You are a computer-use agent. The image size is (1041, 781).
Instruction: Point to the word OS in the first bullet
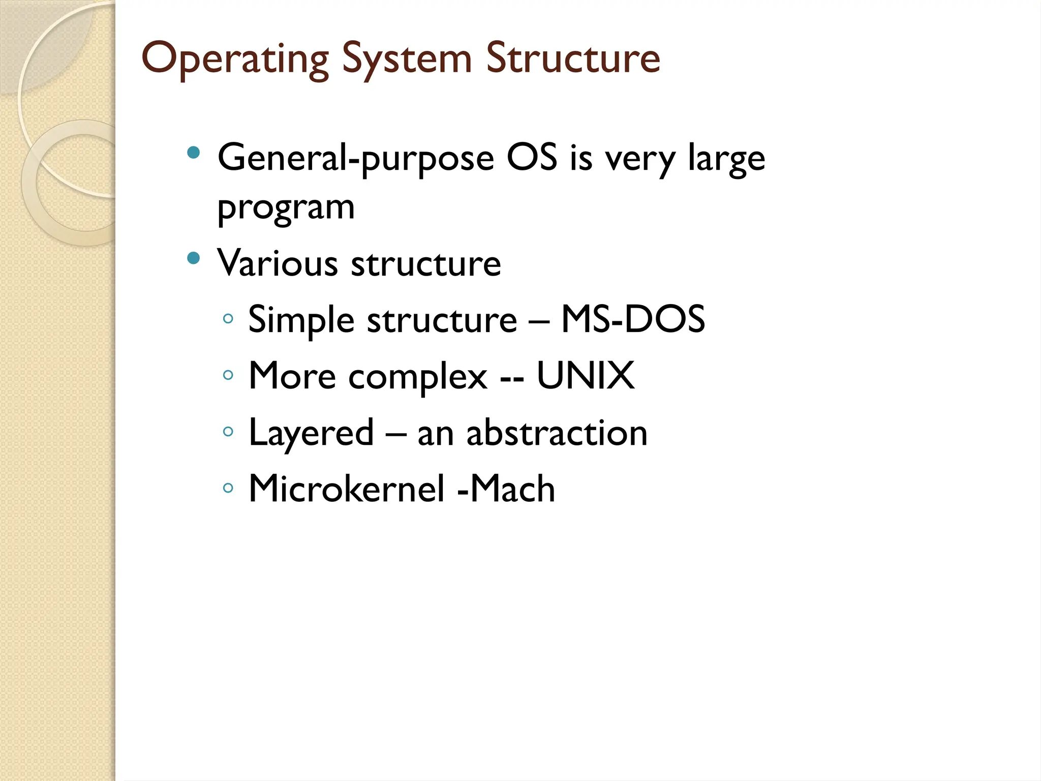pyautogui.click(x=532, y=158)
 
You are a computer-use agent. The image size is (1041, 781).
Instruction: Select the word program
pyautogui.click(x=286, y=208)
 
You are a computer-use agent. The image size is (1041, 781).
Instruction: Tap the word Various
pyautogui.click(x=278, y=263)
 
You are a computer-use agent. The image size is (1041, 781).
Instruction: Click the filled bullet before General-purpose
pyautogui.click(x=193, y=153)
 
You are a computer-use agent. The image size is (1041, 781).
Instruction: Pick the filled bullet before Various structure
pyautogui.click(x=193, y=258)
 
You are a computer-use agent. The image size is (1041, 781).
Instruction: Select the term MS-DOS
pyautogui.click(x=633, y=319)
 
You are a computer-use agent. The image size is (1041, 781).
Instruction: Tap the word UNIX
pyautogui.click(x=585, y=376)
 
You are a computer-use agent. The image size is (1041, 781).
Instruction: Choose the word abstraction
pyautogui.click(x=557, y=433)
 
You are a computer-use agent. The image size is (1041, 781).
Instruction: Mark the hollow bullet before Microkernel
pyautogui.click(x=228, y=488)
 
